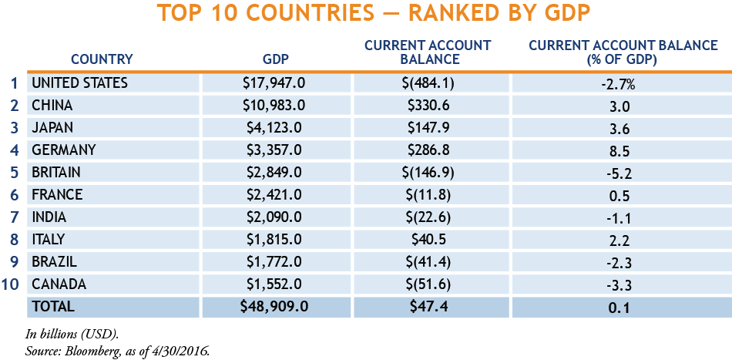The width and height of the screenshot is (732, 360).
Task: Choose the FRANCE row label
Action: [x=57, y=195]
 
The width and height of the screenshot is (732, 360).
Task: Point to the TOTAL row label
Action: [x=53, y=307]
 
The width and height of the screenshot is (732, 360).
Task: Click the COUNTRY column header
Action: [x=102, y=59]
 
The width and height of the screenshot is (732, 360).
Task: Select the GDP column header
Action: [x=276, y=59]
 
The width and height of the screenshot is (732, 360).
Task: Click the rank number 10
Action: [x=11, y=284]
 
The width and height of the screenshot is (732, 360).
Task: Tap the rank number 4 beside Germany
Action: [x=13, y=150]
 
